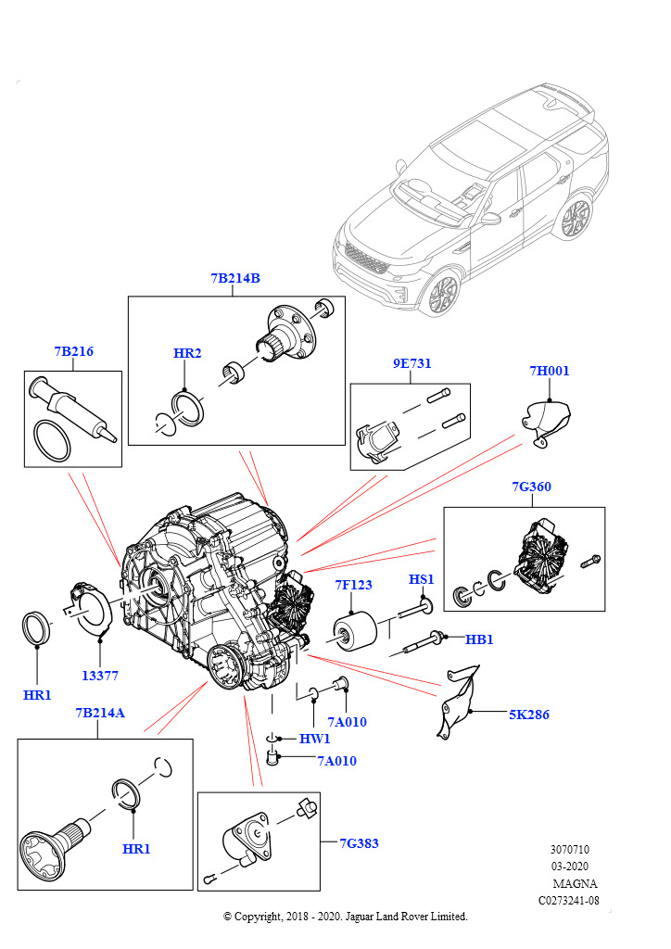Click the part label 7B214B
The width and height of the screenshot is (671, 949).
235,278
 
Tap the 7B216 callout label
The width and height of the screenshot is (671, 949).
73,352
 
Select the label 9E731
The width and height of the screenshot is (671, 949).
412,364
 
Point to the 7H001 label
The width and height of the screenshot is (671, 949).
550,372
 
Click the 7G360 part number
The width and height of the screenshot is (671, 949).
532,487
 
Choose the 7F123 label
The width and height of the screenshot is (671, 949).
353,585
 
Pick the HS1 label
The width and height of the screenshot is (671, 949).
422,579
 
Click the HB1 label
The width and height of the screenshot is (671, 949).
479,639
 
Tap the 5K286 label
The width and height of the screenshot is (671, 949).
527,715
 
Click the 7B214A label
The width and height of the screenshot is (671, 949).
100,713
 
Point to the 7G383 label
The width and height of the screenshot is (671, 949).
359,843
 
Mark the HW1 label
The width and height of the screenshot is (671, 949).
314,739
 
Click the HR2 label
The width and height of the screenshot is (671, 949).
187,353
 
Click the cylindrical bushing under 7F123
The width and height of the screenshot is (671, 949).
353,635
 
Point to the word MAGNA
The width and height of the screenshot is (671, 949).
575,883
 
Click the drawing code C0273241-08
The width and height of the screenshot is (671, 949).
568,900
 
